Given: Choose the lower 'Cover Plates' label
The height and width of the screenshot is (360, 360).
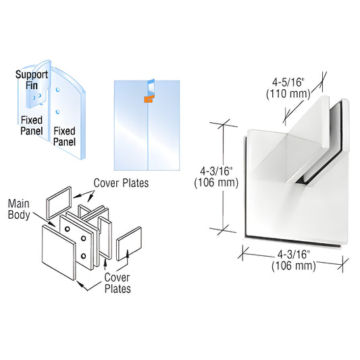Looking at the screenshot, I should pos(115,284).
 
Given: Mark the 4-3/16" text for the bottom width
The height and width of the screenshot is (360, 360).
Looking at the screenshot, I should pos(294,254).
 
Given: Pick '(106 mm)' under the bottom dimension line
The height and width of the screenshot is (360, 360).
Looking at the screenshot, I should pos(294,265).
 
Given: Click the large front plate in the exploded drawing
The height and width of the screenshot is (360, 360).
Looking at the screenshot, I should pos(60,253).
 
